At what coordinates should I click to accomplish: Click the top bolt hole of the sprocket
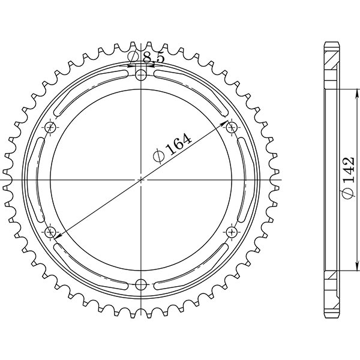pyautogui.click(x=141, y=74)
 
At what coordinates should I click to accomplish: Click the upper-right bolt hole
pyautogui.click(x=232, y=127)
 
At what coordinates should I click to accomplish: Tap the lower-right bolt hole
pyautogui.click(x=232, y=231)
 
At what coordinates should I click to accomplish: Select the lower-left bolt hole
pyautogui.click(x=50, y=231)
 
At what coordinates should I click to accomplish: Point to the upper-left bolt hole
pyautogui.click(x=50, y=127)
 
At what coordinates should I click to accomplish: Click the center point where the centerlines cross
pyautogui.click(x=141, y=179)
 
